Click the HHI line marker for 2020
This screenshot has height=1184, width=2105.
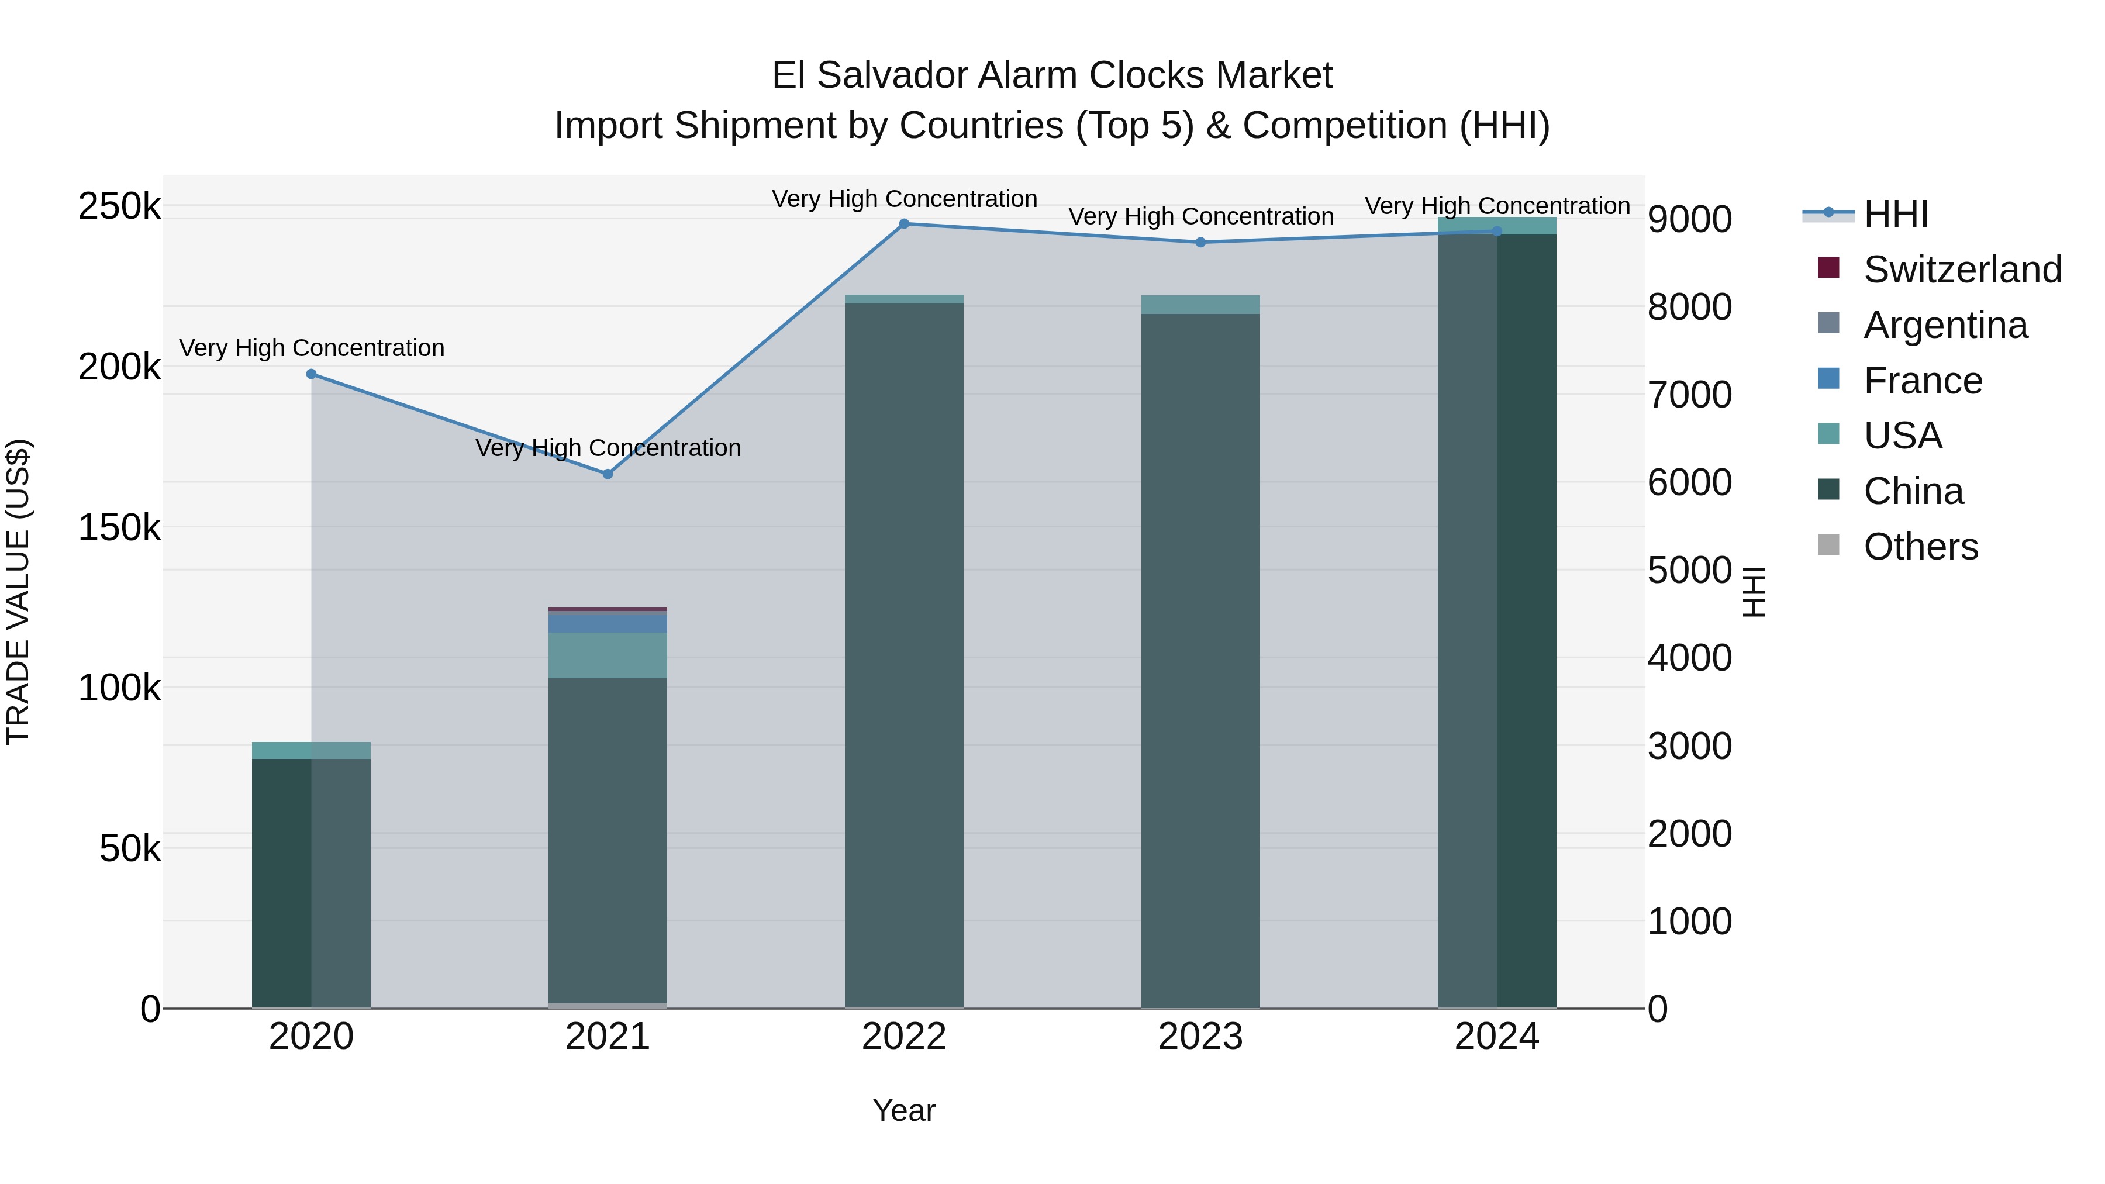(x=311, y=374)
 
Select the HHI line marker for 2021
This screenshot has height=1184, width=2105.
(x=608, y=474)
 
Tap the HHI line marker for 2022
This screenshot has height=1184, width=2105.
(x=904, y=224)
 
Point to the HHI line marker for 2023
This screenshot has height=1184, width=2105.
(x=1200, y=243)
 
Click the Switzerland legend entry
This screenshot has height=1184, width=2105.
(x=1962, y=270)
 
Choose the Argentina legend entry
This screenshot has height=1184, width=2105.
(x=1945, y=325)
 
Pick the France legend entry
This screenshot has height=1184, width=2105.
(x=1922, y=381)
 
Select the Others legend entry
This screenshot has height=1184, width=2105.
(x=1920, y=547)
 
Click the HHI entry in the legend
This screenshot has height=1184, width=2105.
(x=1896, y=214)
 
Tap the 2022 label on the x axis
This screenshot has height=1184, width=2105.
(x=904, y=1037)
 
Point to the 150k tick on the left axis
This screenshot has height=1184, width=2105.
(x=119, y=528)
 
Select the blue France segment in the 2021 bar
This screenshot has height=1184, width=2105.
(x=608, y=622)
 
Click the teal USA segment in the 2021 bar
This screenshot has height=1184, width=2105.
(x=608, y=655)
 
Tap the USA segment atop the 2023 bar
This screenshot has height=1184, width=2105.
(x=1200, y=305)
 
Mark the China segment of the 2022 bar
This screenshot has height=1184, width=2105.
(x=904, y=654)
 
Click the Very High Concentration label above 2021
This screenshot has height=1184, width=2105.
(x=608, y=448)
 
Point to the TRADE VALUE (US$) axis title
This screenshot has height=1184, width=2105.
(x=18, y=592)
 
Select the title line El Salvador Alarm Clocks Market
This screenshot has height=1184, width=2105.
(x=1052, y=75)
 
